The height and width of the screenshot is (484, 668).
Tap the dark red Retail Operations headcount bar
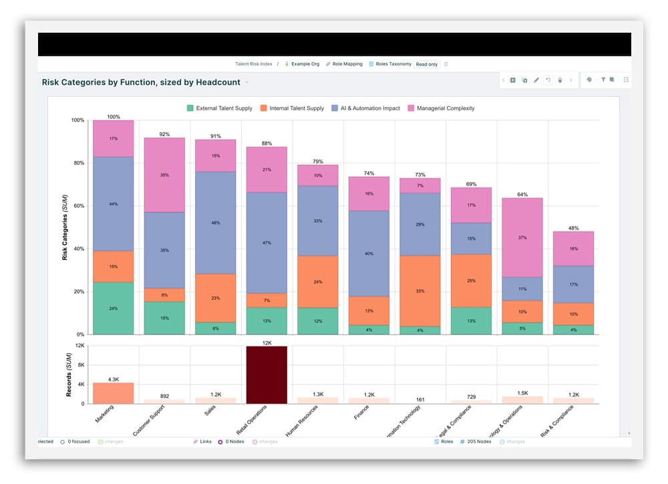point(267,375)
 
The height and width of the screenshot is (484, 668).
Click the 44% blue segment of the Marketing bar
point(114,204)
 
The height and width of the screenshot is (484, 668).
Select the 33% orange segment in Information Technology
point(420,291)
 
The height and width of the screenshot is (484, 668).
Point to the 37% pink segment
point(522,238)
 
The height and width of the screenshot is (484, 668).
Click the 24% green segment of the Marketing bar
point(114,308)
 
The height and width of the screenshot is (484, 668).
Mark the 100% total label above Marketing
point(114,117)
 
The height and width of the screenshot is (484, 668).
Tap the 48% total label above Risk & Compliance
point(573,228)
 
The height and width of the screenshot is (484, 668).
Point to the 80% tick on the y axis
point(77,163)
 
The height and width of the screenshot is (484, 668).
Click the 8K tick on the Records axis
point(79,365)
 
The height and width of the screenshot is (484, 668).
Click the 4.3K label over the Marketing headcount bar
point(114,379)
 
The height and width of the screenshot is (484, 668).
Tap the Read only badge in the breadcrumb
point(426,64)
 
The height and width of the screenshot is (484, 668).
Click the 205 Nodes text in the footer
point(479,441)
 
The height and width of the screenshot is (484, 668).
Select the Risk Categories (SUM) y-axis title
point(65,227)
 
